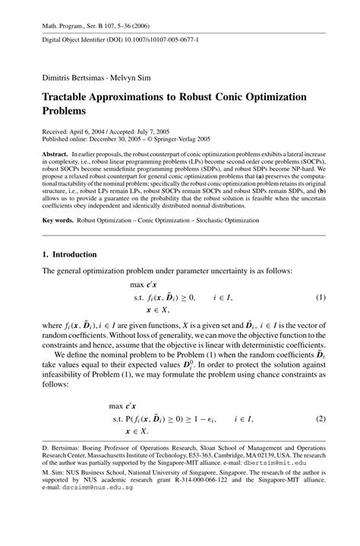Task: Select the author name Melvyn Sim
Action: pos(134,77)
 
